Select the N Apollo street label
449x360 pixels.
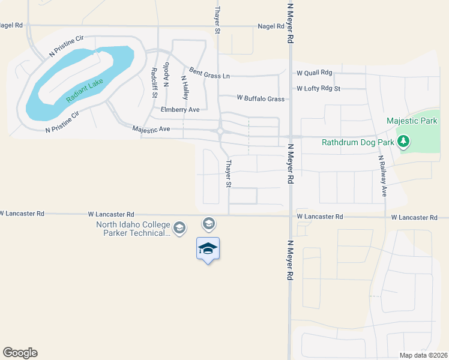[x=167, y=73]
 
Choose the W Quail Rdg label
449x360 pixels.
[x=314, y=73]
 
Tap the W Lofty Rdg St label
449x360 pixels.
[x=318, y=89]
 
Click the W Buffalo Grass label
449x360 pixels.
[x=261, y=98]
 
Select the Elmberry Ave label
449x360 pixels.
[x=180, y=110]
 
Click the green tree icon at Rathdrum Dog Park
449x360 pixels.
[x=405, y=142]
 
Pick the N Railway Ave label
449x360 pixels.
[x=382, y=177]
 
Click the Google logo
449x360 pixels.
[x=20, y=353]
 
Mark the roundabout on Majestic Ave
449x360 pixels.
[x=220, y=131]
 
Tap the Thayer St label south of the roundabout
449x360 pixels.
[x=228, y=173]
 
